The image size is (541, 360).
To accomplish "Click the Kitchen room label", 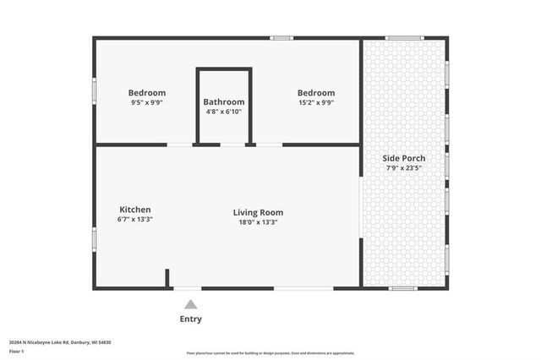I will [134, 210].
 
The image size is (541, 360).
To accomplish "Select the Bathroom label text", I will [224, 101].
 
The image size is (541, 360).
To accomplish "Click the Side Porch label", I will [403, 158].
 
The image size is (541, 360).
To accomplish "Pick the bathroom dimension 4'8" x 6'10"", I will [224, 112].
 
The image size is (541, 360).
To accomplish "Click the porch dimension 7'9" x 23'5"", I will [403, 168].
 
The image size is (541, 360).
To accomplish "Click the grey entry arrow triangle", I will [191, 304].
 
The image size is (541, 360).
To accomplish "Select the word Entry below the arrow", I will [191, 319].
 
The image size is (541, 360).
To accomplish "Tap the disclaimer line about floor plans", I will [270, 353].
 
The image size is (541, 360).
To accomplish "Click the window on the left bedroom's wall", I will [94, 90].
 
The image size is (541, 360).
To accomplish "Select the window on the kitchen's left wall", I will [94, 237].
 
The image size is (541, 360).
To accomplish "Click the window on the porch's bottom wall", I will [403, 289].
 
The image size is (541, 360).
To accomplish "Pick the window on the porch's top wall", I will [403, 37].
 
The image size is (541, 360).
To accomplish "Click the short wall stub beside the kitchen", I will [167, 279].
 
